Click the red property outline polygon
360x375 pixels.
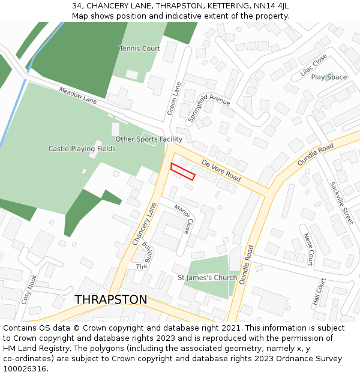pyautogui.click(x=183, y=172)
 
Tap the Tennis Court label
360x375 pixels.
pyautogui.click(x=139, y=49)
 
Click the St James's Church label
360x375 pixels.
pyautogui.click(x=207, y=278)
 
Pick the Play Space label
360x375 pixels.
pyautogui.click(x=329, y=77)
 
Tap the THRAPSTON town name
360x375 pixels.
pyautogui.click(x=110, y=299)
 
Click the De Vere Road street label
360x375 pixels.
pyautogui.click(x=221, y=171)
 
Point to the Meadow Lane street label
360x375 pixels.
pyautogui.click(x=77, y=95)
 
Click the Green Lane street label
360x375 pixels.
pyautogui.click(x=174, y=99)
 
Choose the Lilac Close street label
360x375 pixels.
pyautogui.click(x=313, y=65)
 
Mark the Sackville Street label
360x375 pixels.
pyautogui.click(x=341, y=203)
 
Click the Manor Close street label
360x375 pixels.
pyautogui.click(x=184, y=219)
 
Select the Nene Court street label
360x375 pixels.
pyautogui.click(x=308, y=250)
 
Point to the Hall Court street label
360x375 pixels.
pyautogui.click(x=319, y=293)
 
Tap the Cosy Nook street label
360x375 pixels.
pyautogui.click(x=29, y=289)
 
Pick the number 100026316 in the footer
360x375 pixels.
pyautogui.click(x=24, y=368)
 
